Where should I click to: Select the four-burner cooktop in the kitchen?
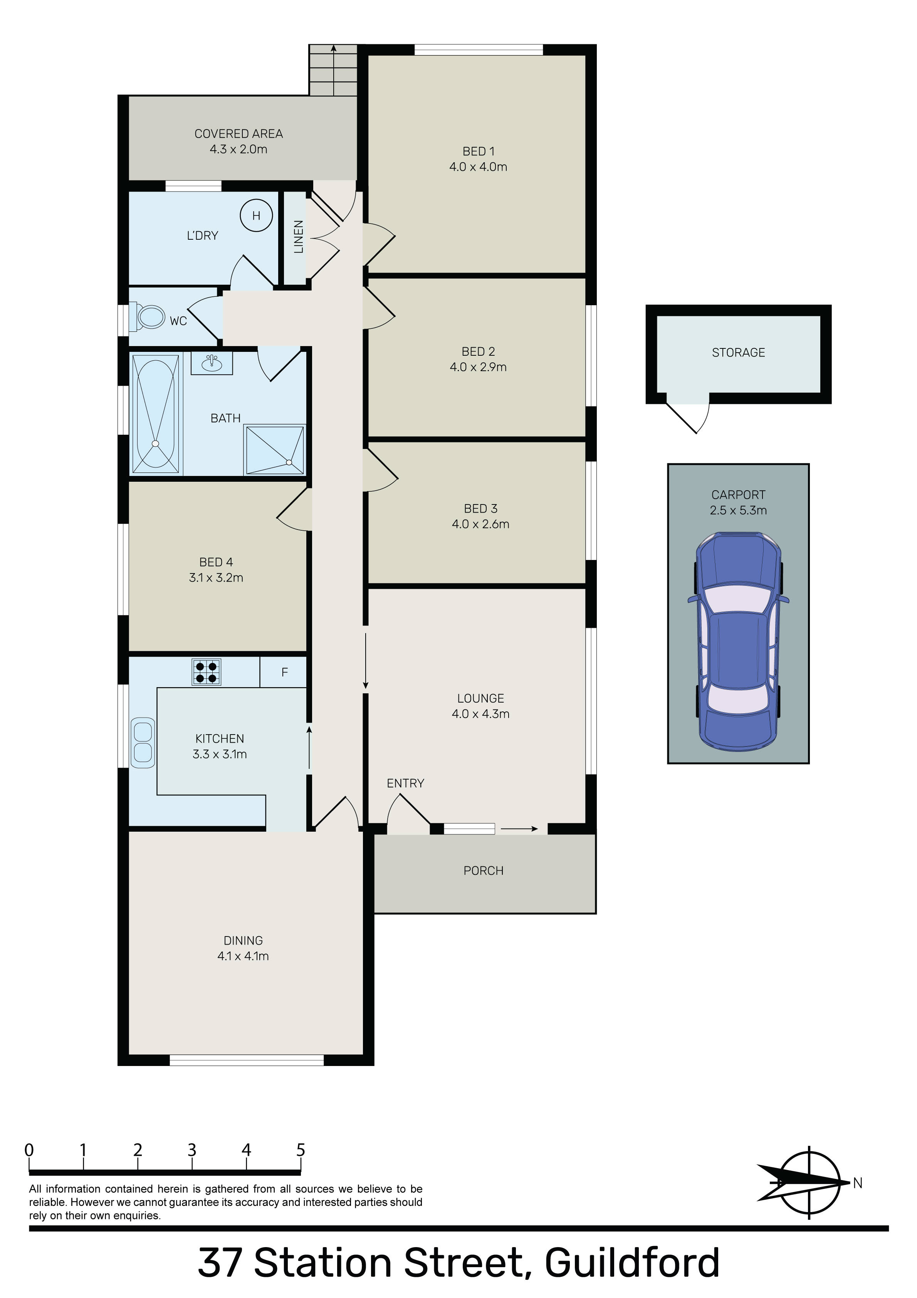click(x=207, y=672)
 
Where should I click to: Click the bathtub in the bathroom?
click(x=156, y=413)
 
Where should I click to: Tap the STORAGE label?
click(x=738, y=353)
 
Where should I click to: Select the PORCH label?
click(x=484, y=871)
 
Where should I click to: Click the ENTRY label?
click(x=405, y=783)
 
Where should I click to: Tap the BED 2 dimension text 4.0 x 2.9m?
click(x=478, y=367)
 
